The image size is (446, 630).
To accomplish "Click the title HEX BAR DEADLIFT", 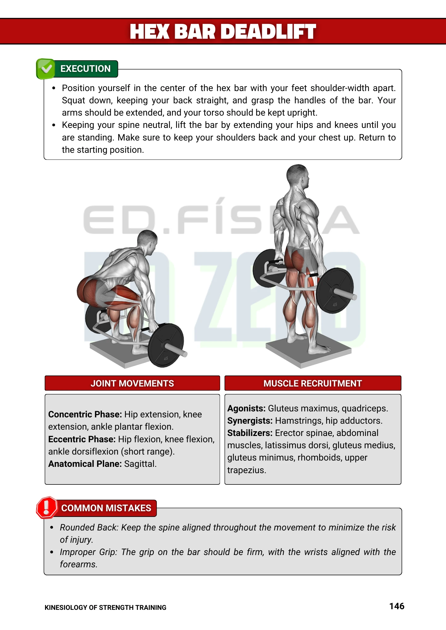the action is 223,31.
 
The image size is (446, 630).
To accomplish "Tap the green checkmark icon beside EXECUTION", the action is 46,69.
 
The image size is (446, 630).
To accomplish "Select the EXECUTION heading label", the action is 85,69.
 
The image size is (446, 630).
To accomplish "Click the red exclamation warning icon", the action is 47,507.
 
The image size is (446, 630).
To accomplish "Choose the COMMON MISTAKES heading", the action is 106,508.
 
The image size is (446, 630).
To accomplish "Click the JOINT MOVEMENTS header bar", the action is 132,383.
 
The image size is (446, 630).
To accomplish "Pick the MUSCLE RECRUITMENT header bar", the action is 313,383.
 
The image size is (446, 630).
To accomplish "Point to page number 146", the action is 397,606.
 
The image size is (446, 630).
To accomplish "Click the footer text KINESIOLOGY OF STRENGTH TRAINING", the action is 105,608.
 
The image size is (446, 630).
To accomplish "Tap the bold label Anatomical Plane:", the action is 85,464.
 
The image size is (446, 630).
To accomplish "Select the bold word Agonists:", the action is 246,408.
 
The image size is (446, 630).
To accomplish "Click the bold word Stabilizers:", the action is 250,433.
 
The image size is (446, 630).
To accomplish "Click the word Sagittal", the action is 140,464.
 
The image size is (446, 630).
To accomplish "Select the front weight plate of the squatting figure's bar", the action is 166,345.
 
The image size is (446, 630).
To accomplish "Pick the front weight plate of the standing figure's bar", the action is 335,290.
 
